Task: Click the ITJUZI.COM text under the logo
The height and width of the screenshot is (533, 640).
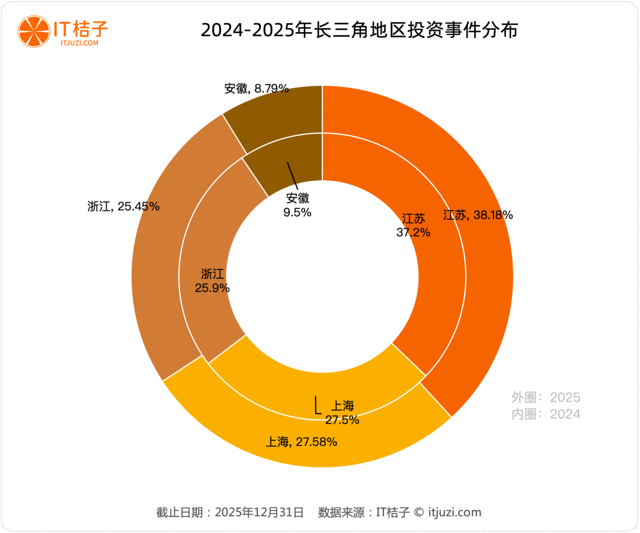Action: (x=79, y=43)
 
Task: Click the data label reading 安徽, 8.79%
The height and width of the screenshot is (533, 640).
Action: (x=257, y=89)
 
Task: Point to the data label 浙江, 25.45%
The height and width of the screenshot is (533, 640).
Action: (x=123, y=207)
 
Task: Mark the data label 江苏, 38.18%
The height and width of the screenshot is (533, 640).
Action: (x=478, y=215)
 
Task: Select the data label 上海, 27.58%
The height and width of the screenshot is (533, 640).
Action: (x=302, y=441)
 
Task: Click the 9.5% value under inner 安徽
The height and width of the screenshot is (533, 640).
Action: (x=297, y=213)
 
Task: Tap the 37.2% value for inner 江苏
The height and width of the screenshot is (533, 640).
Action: (x=413, y=233)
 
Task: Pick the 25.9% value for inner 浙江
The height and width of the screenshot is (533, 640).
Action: (x=212, y=288)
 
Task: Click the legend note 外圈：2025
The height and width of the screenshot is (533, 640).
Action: (x=546, y=397)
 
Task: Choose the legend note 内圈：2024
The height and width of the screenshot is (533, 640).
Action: (x=546, y=414)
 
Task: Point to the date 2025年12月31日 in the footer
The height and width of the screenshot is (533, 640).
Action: (x=260, y=512)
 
